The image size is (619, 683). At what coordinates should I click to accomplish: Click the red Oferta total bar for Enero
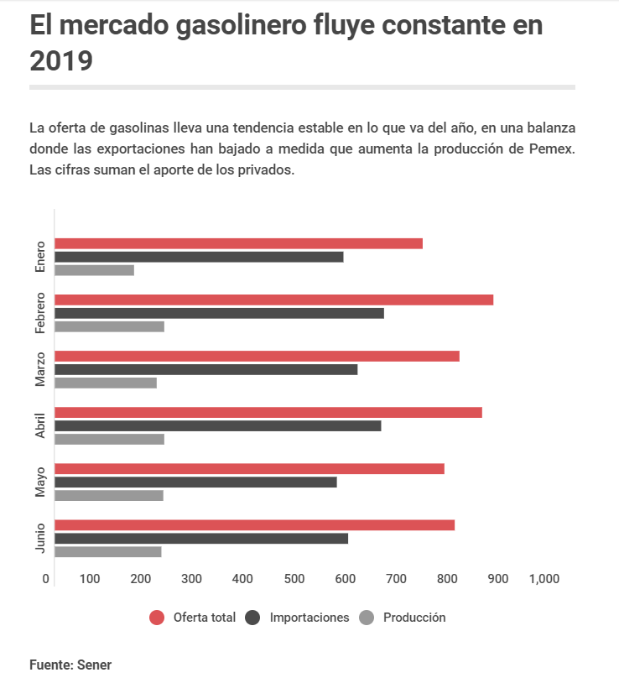(x=238, y=243)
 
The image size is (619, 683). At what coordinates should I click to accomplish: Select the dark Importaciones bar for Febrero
(x=220, y=313)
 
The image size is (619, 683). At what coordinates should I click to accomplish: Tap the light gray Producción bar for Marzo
(x=106, y=383)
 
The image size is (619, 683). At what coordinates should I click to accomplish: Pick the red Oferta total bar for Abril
(x=268, y=412)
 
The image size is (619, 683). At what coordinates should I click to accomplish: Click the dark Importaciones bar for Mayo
(x=196, y=482)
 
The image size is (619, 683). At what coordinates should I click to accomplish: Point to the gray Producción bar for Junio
(x=108, y=551)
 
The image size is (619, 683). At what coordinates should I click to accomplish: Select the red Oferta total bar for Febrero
(x=273, y=300)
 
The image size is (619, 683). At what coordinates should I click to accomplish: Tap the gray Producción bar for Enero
(x=95, y=270)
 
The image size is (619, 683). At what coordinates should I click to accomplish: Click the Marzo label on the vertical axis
(x=40, y=369)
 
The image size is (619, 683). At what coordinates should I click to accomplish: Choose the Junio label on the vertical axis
(x=40, y=538)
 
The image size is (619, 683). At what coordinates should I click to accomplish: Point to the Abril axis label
(x=40, y=425)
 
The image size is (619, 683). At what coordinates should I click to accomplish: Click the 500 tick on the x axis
(x=294, y=579)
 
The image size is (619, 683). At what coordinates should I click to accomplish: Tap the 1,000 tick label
(x=544, y=579)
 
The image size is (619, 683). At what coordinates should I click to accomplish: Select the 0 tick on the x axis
(x=45, y=579)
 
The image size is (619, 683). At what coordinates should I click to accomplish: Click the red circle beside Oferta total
(x=157, y=618)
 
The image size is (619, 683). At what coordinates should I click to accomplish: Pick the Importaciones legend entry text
(x=309, y=618)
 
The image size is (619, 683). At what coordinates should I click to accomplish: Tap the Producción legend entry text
(x=414, y=618)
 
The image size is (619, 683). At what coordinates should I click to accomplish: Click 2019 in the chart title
(x=61, y=60)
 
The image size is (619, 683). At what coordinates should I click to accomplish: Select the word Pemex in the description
(x=553, y=149)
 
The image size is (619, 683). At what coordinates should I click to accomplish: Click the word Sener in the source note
(x=94, y=665)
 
